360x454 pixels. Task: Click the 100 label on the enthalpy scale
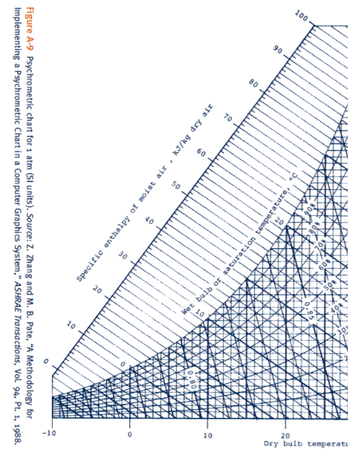click(301, 17)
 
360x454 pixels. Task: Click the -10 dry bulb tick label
click(49, 433)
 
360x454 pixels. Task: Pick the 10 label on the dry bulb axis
click(207, 435)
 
